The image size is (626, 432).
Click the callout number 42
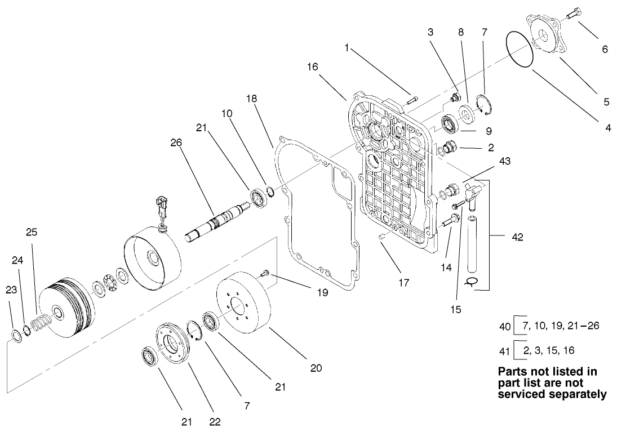517,237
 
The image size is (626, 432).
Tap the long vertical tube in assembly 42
472,242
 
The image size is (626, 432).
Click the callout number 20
316,368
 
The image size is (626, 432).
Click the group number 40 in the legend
505,326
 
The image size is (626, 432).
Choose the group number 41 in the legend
505,350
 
